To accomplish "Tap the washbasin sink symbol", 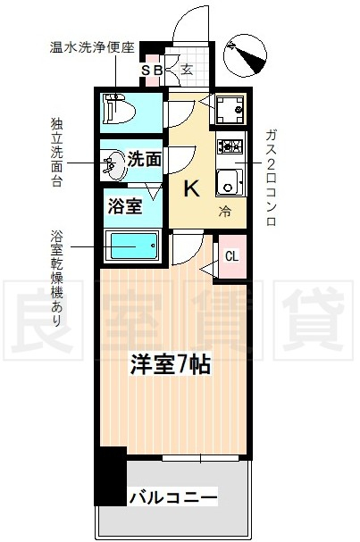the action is [x=114, y=164].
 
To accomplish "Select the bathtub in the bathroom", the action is [x=133, y=246].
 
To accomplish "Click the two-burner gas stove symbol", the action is [x=230, y=146].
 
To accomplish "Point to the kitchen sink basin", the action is [x=229, y=182].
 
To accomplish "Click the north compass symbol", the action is [x=245, y=55].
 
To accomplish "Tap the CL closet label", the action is [x=231, y=256].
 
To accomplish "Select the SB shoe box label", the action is [x=152, y=71].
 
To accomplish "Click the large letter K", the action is [x=191, y=188].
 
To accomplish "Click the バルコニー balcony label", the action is [x=173, y=497].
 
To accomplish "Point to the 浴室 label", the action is [x=125, y=206].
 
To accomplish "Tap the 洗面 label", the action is [x=145, y=159].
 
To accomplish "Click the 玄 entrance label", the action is [x=187, y=70].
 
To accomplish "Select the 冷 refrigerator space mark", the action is [x=224, y=212].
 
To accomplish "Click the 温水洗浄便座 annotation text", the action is [x=92, y=47].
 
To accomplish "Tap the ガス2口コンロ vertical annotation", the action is [x=271, y=178].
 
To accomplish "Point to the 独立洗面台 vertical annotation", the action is [x=56, y=153].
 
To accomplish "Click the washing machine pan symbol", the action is [x=230, y=110].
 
